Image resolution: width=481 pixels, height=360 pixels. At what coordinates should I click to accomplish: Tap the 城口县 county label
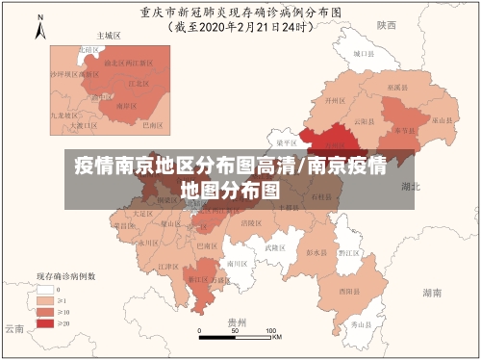(x=361, y=55)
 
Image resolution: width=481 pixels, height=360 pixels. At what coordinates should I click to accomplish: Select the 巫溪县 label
(x=394, y=86)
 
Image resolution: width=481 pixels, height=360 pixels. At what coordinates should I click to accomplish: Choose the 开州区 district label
(x=334, y=99)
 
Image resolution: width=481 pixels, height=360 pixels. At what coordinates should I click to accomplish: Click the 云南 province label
(x=13, y=328)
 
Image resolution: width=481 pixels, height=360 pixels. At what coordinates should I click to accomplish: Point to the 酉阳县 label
(x=348, y=289)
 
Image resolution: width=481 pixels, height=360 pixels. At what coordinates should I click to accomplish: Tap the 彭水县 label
(x=315, y=252)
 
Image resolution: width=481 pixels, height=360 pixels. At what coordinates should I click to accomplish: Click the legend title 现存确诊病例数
(x=65, y=275)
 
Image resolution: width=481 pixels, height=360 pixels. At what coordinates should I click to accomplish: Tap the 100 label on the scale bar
(x=274, y=330)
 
